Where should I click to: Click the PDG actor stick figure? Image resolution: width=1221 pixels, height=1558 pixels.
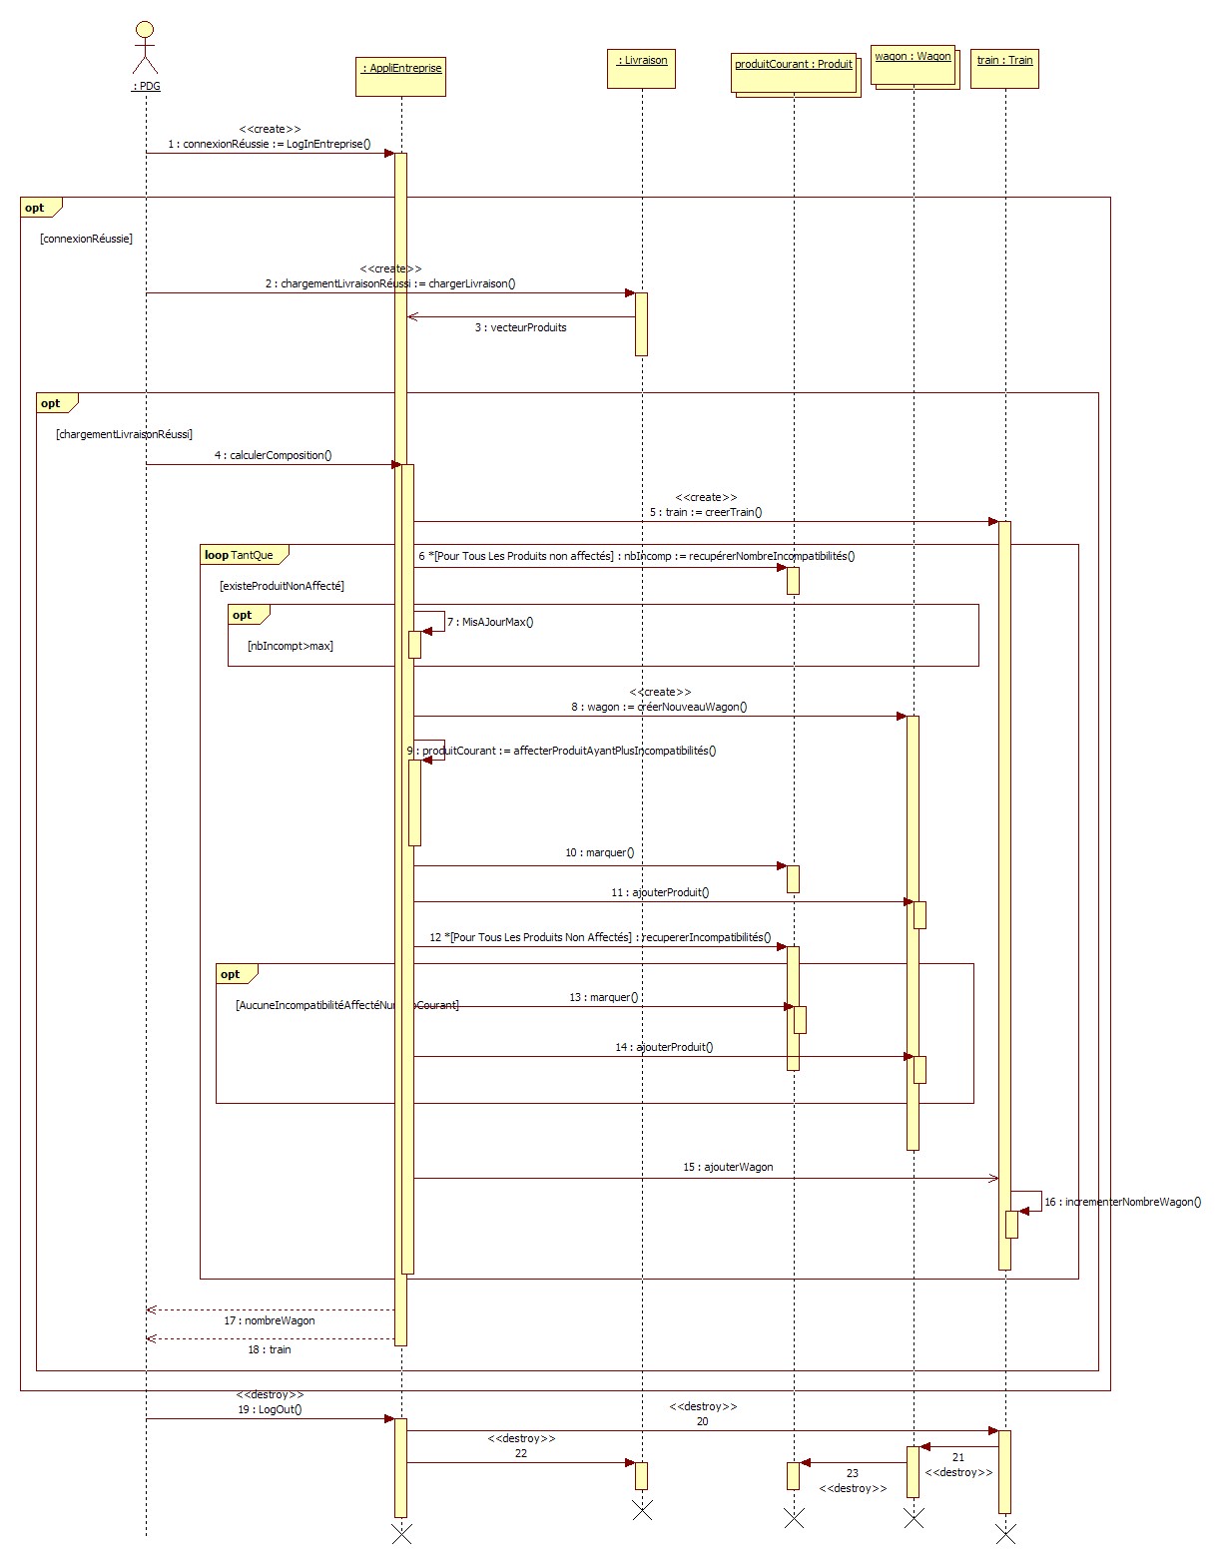[x=146, y=45]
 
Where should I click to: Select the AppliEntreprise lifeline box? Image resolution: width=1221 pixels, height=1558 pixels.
[x=400, y=76]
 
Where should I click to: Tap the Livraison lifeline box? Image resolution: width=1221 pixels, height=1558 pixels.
[x=641, y=68]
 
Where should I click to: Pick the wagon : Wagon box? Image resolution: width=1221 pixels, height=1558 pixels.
[x=913, y=63]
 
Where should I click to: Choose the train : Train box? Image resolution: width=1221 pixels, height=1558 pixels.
[x=1004, y=68]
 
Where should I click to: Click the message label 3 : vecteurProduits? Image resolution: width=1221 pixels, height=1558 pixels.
[x=520, y=327]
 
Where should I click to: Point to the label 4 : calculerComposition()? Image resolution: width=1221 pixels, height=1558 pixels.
[x=273, y=455]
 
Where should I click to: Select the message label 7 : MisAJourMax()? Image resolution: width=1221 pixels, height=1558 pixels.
[x=490, y=622]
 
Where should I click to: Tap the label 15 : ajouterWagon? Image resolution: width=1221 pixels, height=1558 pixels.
[x=728, y=1167]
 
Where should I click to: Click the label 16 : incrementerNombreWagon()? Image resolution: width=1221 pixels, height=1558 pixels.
[x=1122, y=1202]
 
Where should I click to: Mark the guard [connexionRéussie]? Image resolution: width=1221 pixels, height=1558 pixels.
[x=86, y=239]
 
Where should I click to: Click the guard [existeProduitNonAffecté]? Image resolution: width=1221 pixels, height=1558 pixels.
[x=282, y=586]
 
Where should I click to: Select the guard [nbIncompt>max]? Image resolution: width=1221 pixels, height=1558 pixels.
[x=290, y=646]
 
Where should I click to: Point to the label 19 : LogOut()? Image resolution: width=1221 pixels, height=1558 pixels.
[x=270, y=1409]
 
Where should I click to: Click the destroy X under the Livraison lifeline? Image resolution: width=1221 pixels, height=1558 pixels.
[x=642, y=1510]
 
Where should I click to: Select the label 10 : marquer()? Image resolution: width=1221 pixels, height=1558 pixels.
[x=599, y=852]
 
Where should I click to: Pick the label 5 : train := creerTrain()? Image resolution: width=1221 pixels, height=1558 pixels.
[x=705, y=512]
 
